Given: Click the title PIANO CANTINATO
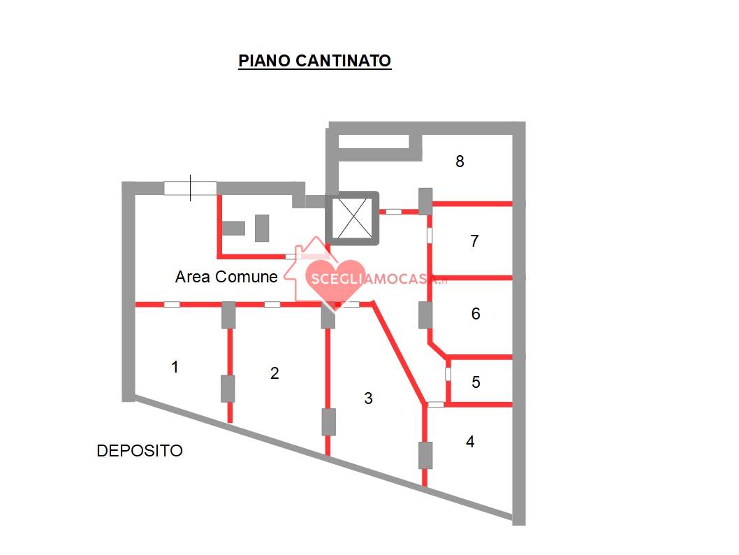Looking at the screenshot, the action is coord(314,60).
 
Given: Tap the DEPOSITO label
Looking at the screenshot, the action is coord(140,451).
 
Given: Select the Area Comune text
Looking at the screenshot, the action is coord(226,277).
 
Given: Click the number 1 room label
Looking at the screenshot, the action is coord(175,366).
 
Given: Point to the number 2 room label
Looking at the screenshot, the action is coord(275,373).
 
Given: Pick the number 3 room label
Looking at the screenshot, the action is coord(369,398).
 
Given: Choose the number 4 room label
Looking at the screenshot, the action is coord(470,441).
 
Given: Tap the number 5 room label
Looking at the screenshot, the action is coord(476,382).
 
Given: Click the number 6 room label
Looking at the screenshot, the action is coord(476,314).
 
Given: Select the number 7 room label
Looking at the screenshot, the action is coord(474,241).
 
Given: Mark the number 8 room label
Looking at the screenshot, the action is coord(460,161).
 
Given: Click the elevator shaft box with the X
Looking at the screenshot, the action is coord(352,218).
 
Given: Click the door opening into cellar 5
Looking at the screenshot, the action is coord(448,375).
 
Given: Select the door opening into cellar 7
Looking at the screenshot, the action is coord(430,236).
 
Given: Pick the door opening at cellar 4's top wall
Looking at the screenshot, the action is coord(435,404).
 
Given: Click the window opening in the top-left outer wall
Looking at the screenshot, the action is coord(191,188).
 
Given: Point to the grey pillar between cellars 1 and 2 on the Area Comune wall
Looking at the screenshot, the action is coord(228,315).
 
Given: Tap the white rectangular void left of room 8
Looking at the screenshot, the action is coord(373,141).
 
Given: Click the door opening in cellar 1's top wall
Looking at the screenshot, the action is coord(172,305).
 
